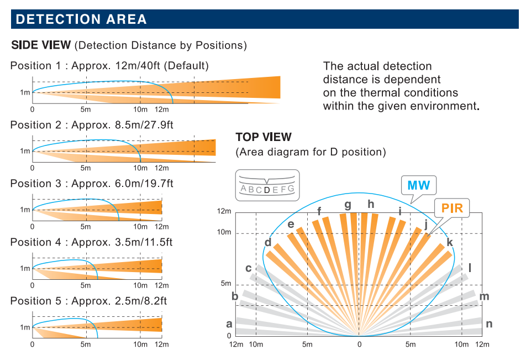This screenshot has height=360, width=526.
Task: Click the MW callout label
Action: (x=418, y=185)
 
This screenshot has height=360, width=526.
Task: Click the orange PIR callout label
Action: (x=452, y=208)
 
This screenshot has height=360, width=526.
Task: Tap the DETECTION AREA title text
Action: (x=81, y=19)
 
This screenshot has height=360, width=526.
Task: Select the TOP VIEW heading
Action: (x=264, y=137)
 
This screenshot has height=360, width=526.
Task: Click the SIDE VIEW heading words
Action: (x=41, y=45)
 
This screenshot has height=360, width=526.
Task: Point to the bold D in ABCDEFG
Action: (x=267, y=190)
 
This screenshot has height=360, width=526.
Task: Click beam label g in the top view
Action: (x=348, y=204)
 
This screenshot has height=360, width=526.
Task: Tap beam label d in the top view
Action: (x=268, y=242)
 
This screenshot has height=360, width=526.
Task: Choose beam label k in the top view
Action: (x=450, y=242)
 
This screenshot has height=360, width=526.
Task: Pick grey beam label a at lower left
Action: (x=229, y=324)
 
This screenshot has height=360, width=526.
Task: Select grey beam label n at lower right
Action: (x=489, y=324)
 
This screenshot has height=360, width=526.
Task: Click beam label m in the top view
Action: (x=484, y=296)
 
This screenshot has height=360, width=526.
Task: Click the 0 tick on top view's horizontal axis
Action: (x=359, y=344)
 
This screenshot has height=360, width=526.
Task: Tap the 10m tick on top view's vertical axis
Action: (x=224, y=232)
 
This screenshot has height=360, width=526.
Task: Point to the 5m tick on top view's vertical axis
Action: (x=226, y=284)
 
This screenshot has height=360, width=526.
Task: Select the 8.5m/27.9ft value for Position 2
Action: (x=144, y=124)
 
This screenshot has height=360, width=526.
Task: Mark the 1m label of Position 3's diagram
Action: (x=25, y=210)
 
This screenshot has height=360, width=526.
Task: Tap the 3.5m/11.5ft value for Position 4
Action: (x=144, y=242)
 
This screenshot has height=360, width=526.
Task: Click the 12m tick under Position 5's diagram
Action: (x=161, y=344)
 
